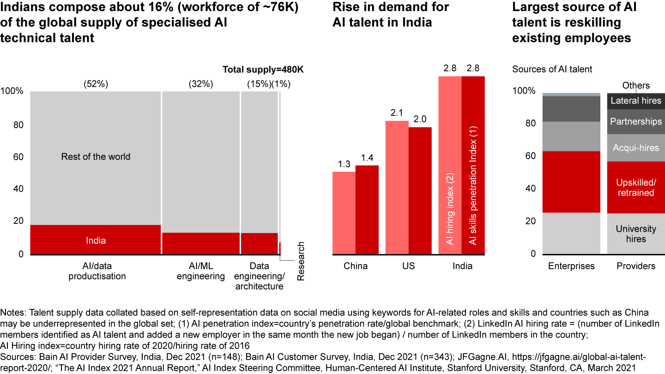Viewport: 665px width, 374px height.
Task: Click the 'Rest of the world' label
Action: point(96,157)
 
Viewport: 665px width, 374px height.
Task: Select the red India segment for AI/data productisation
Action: point(96,240)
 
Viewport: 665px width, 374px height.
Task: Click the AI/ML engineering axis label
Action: point(201,271)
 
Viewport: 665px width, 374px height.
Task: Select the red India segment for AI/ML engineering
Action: point(201,243)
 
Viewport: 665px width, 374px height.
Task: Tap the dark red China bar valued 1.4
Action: point(367,210)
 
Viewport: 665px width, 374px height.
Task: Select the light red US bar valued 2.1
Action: point(397,187)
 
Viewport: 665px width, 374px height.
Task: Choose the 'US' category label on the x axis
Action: point(408,266)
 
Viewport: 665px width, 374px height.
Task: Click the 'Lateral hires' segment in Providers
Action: point(636,101)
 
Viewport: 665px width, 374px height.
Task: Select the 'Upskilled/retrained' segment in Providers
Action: point(636,187)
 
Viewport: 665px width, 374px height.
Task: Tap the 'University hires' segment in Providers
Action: point(636,234)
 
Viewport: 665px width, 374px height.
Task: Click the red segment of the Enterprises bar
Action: point(571,182)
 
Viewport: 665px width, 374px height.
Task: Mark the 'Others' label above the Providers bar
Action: point(636,85)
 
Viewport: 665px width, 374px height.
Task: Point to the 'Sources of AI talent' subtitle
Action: point(552,70)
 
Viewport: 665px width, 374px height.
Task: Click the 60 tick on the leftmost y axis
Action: point(18,157)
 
